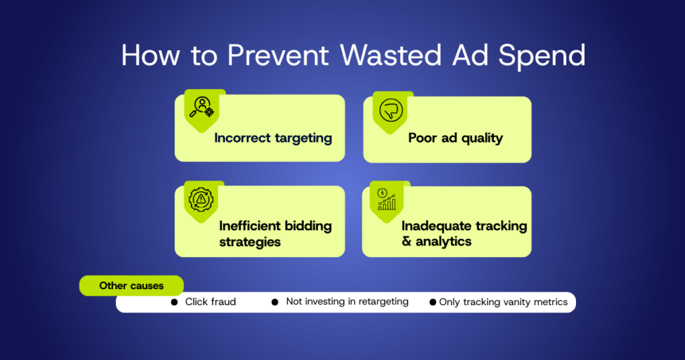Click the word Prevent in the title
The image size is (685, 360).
coord(280,56)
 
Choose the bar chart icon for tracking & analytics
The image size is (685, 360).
coord(387,199)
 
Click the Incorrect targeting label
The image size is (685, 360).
coord(273,138)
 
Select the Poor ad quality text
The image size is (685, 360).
coord(456,138)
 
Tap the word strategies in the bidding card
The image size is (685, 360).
coord(250,242)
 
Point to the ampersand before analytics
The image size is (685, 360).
coord(407,242)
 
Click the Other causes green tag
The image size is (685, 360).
coord(131,286)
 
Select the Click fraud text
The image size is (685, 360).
coord(211,302)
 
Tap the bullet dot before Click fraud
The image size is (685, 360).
coord(175,302)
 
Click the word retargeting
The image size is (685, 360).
coord(378,302)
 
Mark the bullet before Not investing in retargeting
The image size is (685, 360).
coord(274,302)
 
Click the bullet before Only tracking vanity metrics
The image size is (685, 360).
coord(432,302)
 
